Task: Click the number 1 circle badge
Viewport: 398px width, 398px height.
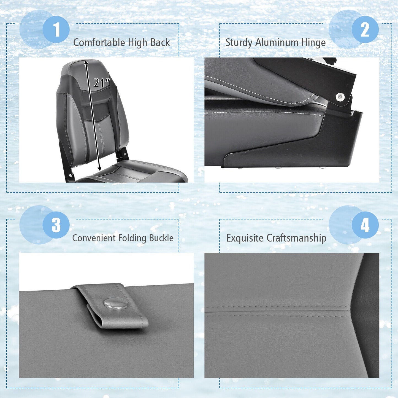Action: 56,29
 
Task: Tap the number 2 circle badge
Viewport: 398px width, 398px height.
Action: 365,29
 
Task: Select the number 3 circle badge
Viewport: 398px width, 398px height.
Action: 56,225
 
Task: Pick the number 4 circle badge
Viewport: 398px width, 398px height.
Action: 365,225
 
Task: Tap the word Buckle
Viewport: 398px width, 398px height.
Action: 161,238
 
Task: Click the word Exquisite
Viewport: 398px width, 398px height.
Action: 245,238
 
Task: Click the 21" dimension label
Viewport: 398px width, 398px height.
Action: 102,83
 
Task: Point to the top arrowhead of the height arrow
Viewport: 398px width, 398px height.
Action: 86,62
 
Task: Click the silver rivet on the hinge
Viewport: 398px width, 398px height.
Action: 340,96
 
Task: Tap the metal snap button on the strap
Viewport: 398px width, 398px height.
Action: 116,304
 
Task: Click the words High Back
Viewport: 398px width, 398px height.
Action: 149,43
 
